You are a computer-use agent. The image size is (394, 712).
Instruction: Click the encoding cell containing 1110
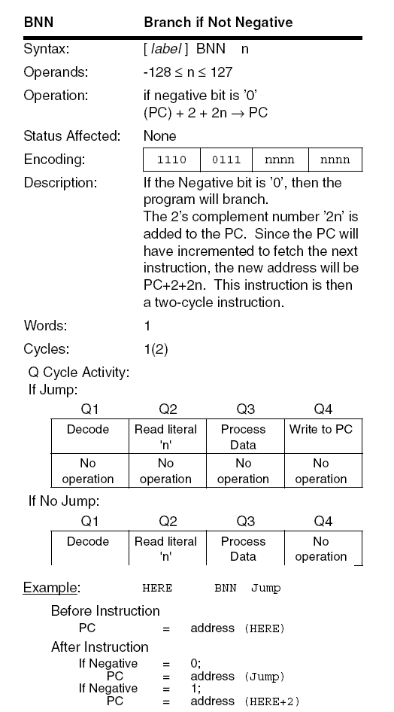tap(171, 160)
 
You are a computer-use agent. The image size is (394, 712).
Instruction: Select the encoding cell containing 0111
tap(226, 160)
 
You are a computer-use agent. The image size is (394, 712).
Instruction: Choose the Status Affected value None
tap(159, 136)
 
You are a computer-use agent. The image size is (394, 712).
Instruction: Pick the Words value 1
tap(147, 327)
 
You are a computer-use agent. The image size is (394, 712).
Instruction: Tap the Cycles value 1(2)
tap(157, 349)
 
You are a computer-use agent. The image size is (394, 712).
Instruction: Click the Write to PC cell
tap(321, 430)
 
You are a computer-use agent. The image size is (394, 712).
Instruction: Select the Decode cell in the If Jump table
tap(88, 430)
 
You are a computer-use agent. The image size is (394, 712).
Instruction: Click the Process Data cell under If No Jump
tap(243, 549)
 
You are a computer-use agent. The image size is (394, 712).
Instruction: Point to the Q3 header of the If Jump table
tap(245, 409)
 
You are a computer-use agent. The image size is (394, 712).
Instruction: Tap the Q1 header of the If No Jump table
tap(88, 521)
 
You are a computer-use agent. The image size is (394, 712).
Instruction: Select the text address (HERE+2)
tap(244, 701)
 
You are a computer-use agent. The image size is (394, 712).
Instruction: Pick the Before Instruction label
tap(105, 611)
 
